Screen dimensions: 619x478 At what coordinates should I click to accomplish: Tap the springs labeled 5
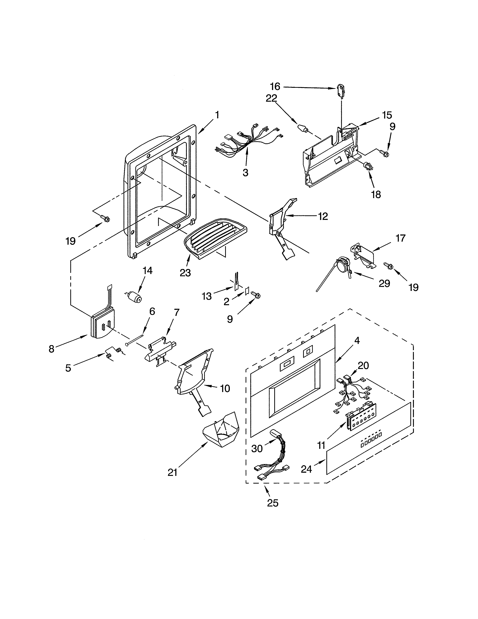(113, 353)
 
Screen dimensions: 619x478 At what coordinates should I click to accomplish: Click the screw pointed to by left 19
(106, 219)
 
